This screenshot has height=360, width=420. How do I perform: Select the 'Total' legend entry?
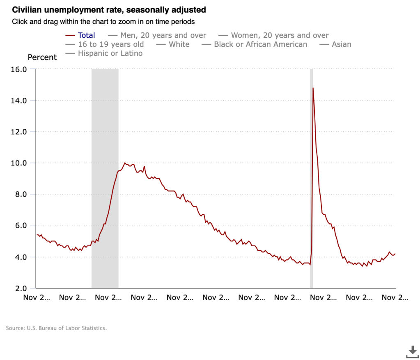(x=86, y=35)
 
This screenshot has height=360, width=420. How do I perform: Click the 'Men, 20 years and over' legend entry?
(x=163, y=35)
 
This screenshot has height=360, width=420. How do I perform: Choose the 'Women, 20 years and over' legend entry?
(x=280, y=35)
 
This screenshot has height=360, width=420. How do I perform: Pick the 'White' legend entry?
(x=179, y=44)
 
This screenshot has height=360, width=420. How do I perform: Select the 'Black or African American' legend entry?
(x=260, y=44)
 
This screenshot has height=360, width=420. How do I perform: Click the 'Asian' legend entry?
(x=341, y=44)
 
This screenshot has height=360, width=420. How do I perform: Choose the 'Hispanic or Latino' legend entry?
(x=110, y=53)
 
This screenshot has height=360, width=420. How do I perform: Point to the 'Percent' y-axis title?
(x=42, y=57)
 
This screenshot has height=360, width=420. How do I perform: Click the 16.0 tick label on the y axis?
(x=18, y=69)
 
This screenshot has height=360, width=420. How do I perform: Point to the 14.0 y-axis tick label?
(x=18, y=101)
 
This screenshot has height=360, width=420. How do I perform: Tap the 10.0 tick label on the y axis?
(x=18, y=163)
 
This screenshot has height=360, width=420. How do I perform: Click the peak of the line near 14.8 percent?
(x=313, y=88)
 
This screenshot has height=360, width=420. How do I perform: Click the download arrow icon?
(x=412, y=351)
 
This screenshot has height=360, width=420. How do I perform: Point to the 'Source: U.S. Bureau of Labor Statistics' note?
(x=56, y=328)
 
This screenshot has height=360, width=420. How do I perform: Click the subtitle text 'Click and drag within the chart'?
(x=103, y=21)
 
